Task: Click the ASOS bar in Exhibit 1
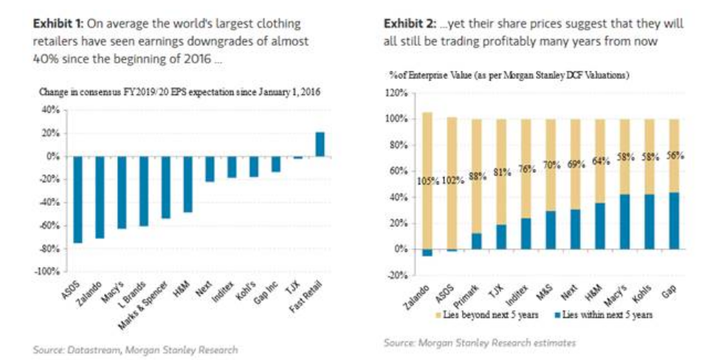[77, 199]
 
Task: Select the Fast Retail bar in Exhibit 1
[320, 145]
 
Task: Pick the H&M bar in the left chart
[188, 184]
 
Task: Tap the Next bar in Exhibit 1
[210, 169]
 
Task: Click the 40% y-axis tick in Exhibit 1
[51, 110]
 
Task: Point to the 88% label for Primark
[478, 177]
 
